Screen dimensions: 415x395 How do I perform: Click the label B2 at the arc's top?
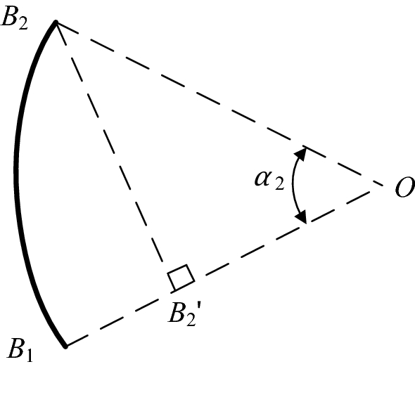[14, 18]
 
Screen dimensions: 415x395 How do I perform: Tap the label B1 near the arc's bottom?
[20, 350]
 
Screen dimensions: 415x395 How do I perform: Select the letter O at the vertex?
[404, 187]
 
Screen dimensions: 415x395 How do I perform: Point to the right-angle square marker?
[181, 278]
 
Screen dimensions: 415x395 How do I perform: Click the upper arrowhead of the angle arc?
[300, 154]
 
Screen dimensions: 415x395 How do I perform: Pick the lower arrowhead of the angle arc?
[301, 216]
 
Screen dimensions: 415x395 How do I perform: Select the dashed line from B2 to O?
[219, 103]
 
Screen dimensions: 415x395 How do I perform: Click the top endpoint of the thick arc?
[56, 22]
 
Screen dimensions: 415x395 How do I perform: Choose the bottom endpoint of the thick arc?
[65, 346]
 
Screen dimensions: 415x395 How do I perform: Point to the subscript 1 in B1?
[30, 356]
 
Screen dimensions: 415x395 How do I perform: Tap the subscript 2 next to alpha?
[279, 183]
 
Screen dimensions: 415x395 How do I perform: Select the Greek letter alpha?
[263, 179]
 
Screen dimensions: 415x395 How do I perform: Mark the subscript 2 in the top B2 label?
[23, 23]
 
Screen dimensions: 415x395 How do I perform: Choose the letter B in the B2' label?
[177, 312]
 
